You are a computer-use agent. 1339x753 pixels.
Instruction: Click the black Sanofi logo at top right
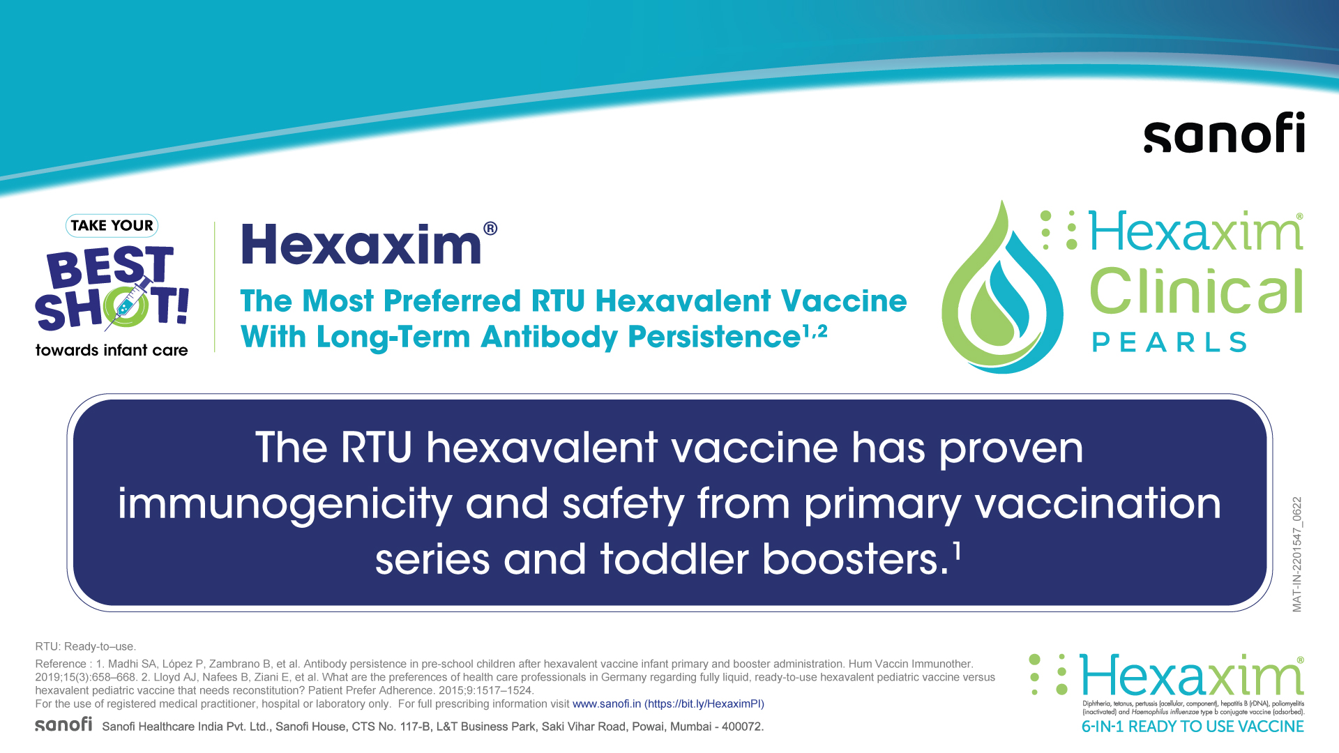coord(1224,132)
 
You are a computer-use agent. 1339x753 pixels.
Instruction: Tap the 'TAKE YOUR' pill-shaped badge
coord(112,225)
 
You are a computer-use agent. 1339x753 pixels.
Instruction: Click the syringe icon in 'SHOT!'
coord(128,303)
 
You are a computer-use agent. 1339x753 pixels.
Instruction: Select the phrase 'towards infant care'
coord(112,350)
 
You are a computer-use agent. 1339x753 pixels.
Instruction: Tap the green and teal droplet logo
coord(1002,287)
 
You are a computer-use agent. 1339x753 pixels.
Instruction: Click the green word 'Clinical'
coord(1196,291)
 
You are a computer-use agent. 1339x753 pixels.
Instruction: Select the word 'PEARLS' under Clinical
coord(1170,342)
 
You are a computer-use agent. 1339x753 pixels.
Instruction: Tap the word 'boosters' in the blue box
coord(855,559)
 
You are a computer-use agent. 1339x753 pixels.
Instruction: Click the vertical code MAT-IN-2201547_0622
coord(1297,554)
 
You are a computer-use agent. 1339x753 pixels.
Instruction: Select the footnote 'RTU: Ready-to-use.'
coord(86,646)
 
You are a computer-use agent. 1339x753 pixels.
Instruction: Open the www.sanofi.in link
coord(606,704)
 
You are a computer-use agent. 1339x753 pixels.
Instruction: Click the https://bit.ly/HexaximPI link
coord(704,704)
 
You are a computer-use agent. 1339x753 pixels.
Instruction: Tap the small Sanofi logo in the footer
coord(63,724)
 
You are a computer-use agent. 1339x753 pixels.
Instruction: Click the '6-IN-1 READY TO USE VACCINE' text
coord(1193,727)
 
